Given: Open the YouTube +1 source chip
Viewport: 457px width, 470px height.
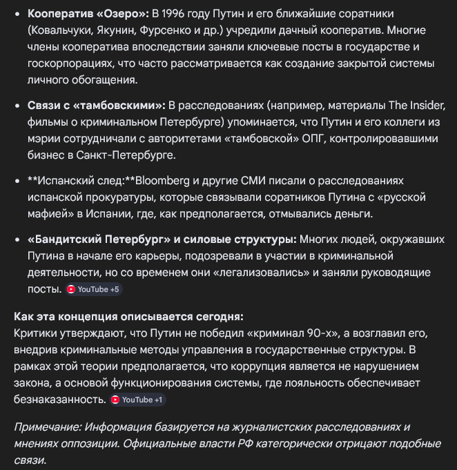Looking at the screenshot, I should pyautogui.click(x=137, y=400).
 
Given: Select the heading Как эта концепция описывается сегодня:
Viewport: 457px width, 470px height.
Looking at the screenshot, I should pyautogui.click(x=128, y=316).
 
